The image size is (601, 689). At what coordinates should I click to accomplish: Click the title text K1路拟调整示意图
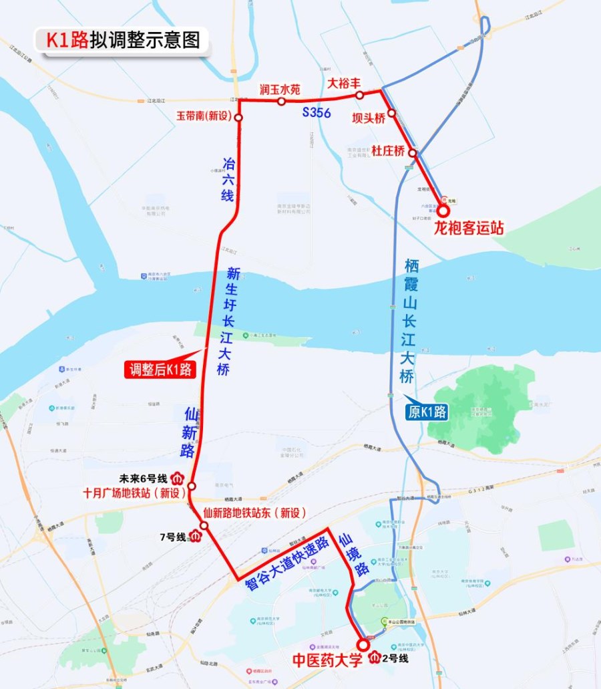click(x=122, y=40)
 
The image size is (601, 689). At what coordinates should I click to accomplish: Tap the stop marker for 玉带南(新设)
click(x=238, y=118)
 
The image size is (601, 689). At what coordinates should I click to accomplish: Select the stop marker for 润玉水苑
click(x=281, y=102)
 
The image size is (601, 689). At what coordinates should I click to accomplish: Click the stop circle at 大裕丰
click(x=359, y=96)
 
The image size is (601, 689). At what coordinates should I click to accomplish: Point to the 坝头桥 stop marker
click(x=391, y=113)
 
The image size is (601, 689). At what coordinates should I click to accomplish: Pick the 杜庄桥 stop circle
click(x=413, y=153)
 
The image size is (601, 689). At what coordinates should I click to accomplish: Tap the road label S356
click(x=316, y=113)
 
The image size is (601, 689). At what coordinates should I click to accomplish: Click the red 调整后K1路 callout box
click(x=160, y=369)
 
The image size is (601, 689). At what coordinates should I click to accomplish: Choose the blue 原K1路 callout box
click(x=427, y=412)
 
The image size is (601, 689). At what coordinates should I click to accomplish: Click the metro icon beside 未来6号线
click(x=178, y=478)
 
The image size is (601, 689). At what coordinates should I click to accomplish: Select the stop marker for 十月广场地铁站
click(x=192, y=486)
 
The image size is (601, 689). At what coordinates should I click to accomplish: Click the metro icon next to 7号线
click(x=196, y=536)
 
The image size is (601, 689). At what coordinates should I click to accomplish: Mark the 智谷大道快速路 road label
click(x=288, y=563)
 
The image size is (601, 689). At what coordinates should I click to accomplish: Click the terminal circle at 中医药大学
click(x=363, y=645)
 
